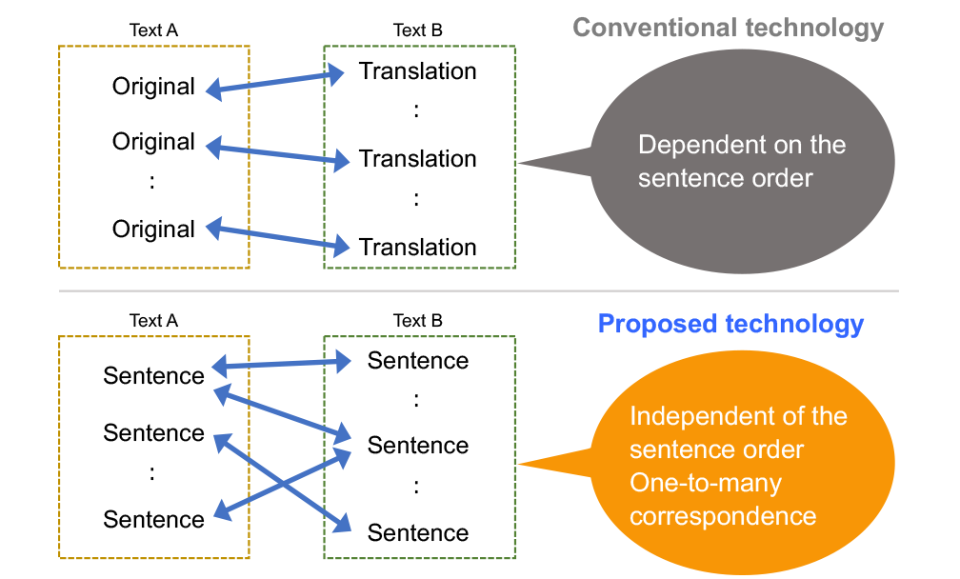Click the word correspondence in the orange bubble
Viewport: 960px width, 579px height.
(x=723, y=516)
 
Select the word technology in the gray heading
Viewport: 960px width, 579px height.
(x=813, y=28)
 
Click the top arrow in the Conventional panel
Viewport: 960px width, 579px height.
(x=276, y=82)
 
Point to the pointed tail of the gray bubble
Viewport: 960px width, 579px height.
(x=543, y=163)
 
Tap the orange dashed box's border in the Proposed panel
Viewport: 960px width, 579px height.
(x=59, y=448)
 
